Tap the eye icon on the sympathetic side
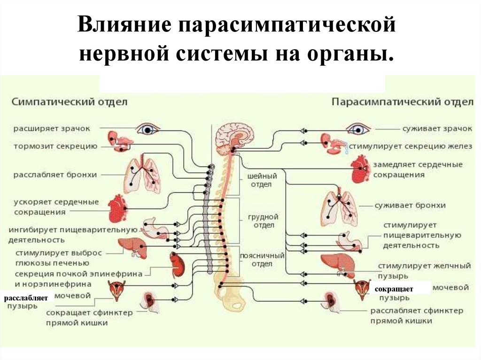point(148,129)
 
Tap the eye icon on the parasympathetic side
point(358,129)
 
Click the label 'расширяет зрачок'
point(51,128)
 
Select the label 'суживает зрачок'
point(437,128)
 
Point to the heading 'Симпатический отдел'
point(69,102)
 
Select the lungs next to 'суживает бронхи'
point(339,207)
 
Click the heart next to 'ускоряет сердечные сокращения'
point(117,208)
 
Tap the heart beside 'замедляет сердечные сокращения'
point(360,169)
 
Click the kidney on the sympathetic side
point(177,264)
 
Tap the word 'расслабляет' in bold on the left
point(26,298)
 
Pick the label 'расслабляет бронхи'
point(55,175)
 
